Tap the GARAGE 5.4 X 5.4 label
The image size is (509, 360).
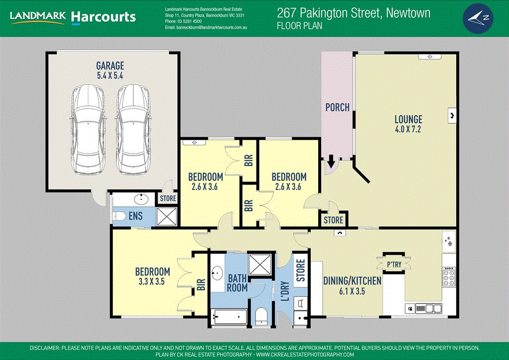[x=110, y=70]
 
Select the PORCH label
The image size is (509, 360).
[x=337, y=107]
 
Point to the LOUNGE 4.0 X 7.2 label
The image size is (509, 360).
[x=408, y=124]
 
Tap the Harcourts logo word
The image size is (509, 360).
[x=103, y=17]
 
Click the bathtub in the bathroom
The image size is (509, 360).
[x=229, y=316]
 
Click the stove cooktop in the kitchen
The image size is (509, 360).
[x=449, y=277]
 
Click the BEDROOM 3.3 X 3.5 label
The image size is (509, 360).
[x=153, y=276]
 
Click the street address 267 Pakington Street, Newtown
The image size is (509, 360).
[x=353, y=13]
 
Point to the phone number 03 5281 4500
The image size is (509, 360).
[x=183, y=22]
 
